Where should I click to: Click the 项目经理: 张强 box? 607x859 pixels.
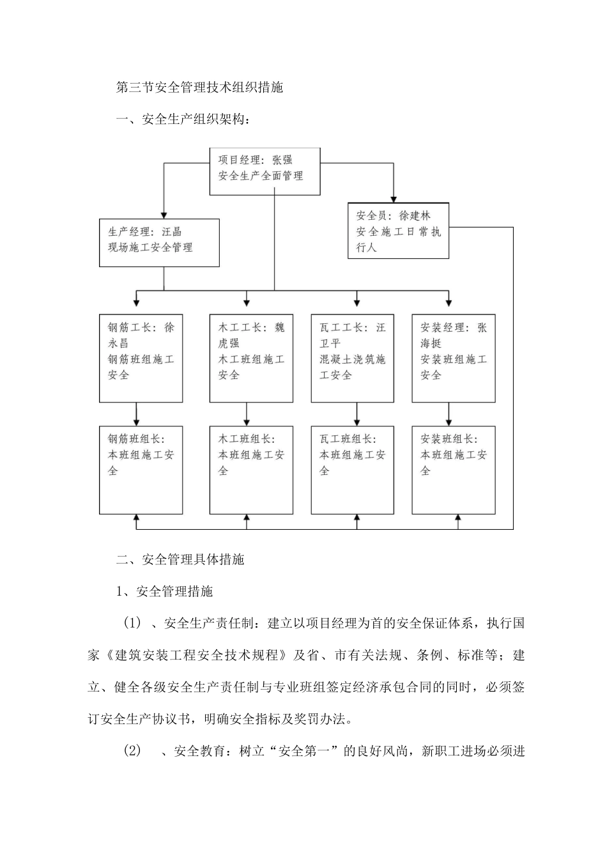(265, 171)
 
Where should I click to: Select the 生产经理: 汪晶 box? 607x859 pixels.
(159, 243)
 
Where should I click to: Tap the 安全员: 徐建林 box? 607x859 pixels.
(398, 231)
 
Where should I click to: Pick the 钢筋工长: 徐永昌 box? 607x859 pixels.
(141, 358)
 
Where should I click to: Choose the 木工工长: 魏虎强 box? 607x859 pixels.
(251, 358)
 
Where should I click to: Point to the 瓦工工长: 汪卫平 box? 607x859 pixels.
(352, 358)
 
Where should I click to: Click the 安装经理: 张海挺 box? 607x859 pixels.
(454, 358)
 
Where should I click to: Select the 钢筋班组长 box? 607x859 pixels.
(141, 470)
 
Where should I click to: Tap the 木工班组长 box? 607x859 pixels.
(251, 470)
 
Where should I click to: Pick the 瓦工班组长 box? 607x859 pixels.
(352, 470)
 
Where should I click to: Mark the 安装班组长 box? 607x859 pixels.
(454, 470)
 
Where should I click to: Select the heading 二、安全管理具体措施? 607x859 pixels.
(180, 559)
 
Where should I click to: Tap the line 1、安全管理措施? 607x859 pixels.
(165, 591)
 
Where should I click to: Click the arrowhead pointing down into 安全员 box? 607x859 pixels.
(393, 199)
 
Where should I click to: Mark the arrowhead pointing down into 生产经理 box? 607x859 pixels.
(164, 215)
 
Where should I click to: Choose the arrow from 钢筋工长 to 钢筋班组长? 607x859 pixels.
(137, 414)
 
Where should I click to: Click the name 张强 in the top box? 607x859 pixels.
(282, 160)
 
